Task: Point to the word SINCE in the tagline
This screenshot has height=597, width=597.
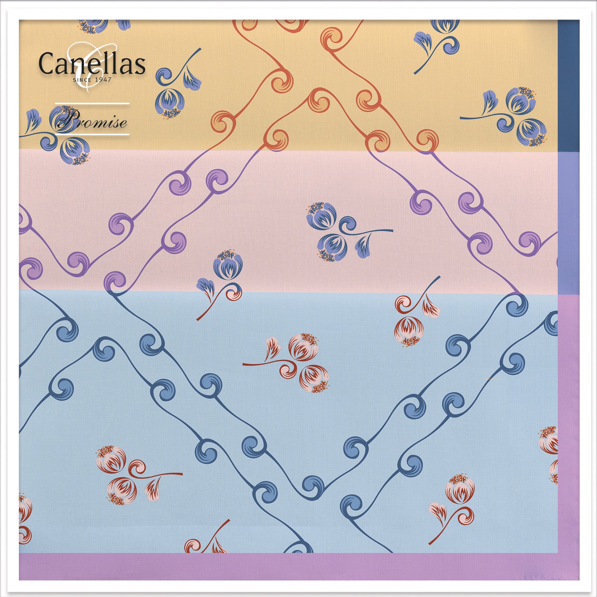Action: tap(82, 80)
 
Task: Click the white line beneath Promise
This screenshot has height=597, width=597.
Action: tap(92, 135)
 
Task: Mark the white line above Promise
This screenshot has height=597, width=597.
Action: tap(92, 104)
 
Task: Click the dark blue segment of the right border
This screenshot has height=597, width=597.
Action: tap(568, 86)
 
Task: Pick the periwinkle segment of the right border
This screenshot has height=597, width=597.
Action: tap(568, 224)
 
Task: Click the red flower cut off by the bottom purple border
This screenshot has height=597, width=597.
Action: tap(206, 543)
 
